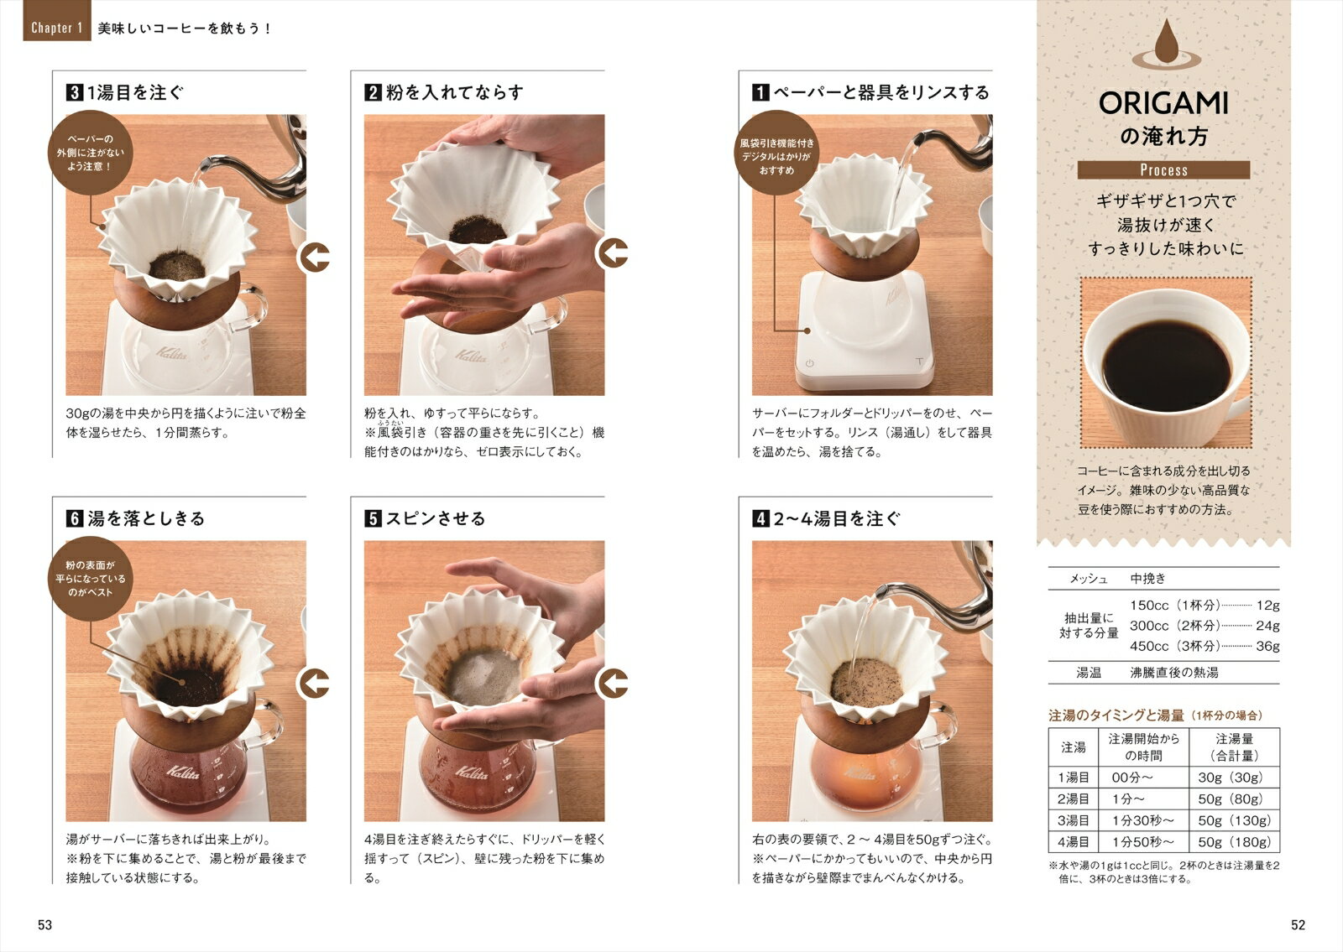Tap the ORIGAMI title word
(x=1163, y=104)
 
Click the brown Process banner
(x=1163, y=169)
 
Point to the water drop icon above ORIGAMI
(x=1166, y=43)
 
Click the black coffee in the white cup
(x=1166, y=365)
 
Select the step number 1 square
(x=760, y=92)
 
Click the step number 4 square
(x=760, y=518)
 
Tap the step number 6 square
(x=75, y=518)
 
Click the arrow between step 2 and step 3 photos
(x=314, y=258)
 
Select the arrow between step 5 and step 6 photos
(x=314, y=683)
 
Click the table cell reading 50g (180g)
(x=1234, y=842)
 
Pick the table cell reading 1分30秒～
(x=1143, y=820)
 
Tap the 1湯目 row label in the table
(x=1074, y=777)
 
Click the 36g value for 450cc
(x=1267, y=646)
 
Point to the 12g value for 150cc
(x=1267, y=605)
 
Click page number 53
(x=45, y=924)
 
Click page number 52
(x=1298, y=924)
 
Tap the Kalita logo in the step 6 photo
(x=183, y=772)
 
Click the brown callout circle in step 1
(x=776, y=153)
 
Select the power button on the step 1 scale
(x=809, y=363)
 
